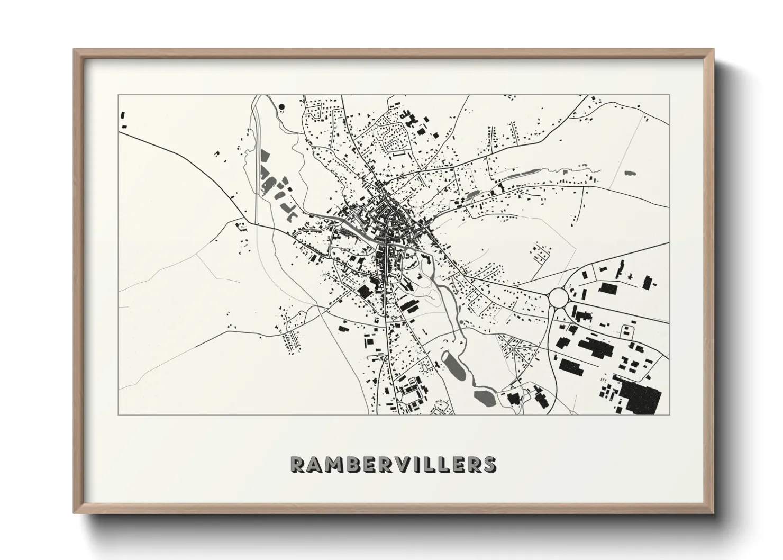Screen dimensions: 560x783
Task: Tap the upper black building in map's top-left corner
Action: pyautogui.click(x=123, y=115)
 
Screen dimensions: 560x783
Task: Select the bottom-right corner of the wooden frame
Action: pyautogui.click(x=713, y=512)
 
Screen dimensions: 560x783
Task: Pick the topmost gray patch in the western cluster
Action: pyautogui.click(x=266, y=156)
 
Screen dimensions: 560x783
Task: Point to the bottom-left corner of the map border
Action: pyautogui.click(x=118, y=414)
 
